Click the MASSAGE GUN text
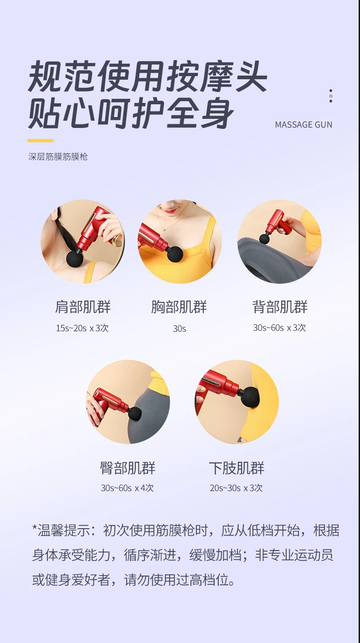(303, 125)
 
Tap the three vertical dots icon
(331, 96)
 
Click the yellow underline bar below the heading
(41, 141)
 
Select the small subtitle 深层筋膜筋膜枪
(58, 157)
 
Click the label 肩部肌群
(82, 307)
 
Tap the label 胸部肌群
(179, 307)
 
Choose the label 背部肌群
(280, 307)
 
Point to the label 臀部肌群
(128, 468)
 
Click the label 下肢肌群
(237, 468)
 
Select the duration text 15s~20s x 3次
(82, 328)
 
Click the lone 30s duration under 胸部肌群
(179, 328)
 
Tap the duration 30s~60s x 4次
(128, 488)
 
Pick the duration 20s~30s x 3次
(237, 488)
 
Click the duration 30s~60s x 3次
(280, 328)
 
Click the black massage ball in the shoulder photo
(75, 258)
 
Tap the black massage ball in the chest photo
(175, 254)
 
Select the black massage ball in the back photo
(265, 238)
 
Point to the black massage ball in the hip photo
(134, 413)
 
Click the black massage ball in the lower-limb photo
(250, 397)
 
